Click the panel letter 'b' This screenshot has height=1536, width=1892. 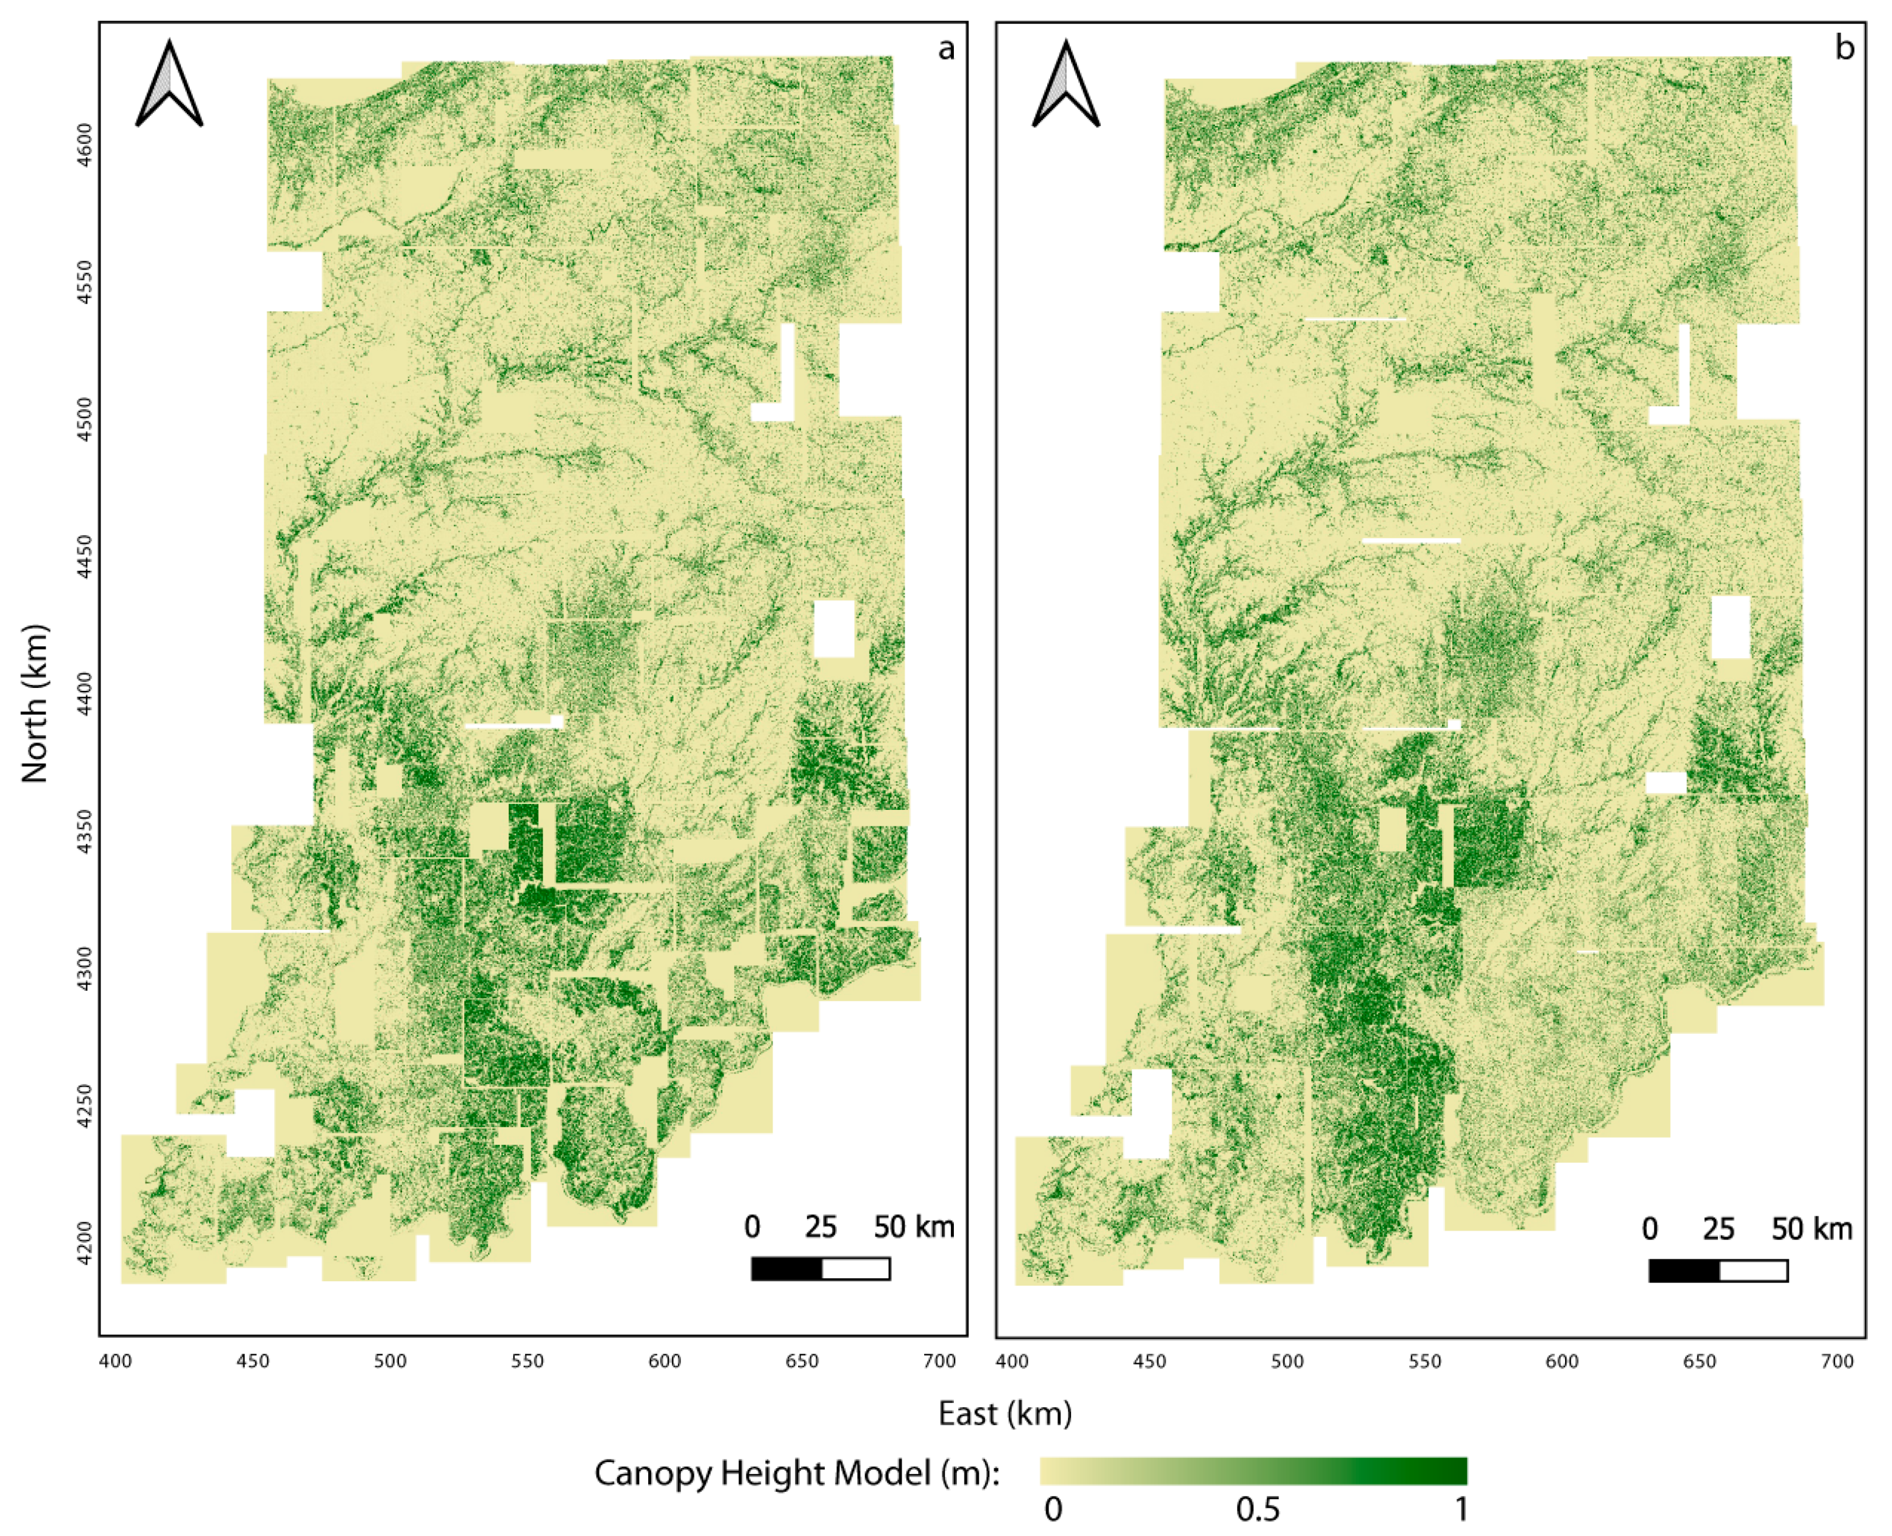click(1844, 48)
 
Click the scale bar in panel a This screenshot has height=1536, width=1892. click(820, 1269)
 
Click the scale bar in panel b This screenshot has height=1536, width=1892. click(1718, 1270)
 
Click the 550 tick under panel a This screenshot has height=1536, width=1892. click(527, 1361)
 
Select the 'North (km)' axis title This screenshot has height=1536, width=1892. click(33, 704)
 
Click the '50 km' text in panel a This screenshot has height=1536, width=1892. click(914, 1227)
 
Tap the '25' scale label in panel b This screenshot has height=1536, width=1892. click(1718, 1229)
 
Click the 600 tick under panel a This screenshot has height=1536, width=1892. click(664, 1361)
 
